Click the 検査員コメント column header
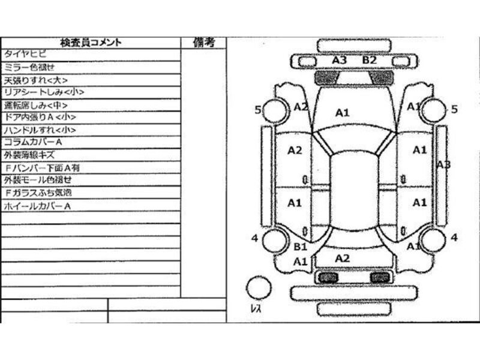(x=91, y=43)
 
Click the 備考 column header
(x=204, y=43)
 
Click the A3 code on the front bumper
(x=340, y=60)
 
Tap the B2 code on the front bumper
(x=369, y=60)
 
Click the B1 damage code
(x=300, y=247)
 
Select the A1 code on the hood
(x=342, y=112)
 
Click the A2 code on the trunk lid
(x=342, y=258)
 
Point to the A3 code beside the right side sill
(x=443, y=164)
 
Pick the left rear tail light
(x=327, y=277)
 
